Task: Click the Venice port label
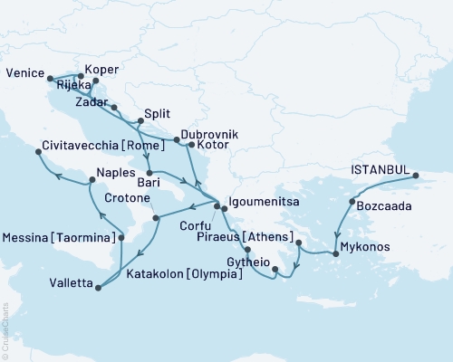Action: (24, 71)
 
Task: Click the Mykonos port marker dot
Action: (336, 254)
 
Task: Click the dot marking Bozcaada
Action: (352, 201)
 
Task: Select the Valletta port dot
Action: (97, 288)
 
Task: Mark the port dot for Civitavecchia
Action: (38, 153)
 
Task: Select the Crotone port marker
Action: (156, 217)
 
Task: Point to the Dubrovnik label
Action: (208, 132)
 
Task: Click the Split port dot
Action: (139, 121)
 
